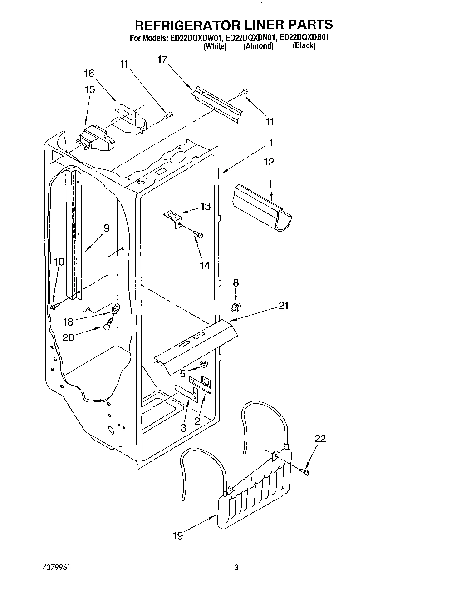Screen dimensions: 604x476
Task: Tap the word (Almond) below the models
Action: click(258, 46)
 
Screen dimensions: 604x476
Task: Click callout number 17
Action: click(162, 59)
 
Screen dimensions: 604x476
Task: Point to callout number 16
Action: click(89, 73)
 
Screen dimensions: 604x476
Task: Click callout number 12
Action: click(269, 162)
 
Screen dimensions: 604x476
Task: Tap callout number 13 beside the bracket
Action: click(206, 207)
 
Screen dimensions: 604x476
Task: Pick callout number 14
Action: click(205, 266)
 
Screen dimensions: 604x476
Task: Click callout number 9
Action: click(106, 228)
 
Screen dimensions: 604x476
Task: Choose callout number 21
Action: click(283, 306)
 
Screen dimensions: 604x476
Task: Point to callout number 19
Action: click(178, 536)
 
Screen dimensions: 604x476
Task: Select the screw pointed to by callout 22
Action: click(305, 473)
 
